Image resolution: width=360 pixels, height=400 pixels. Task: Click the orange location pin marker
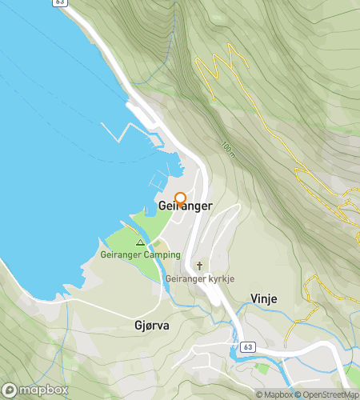click(x=180, y=198)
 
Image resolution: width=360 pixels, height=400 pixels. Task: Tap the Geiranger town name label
click(x=186, y=206)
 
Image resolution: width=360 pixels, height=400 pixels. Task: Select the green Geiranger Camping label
click(x=140, y=255)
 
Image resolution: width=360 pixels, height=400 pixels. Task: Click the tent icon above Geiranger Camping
click(x=140, y=242)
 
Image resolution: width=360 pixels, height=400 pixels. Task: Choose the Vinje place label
click(x=263, y=298)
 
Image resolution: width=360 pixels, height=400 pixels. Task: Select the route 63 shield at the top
click(x=61, y=3)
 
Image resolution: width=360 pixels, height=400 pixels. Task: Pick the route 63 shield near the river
click(x=248, y=346)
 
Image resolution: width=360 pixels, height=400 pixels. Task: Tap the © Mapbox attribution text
click(x=274, y=394)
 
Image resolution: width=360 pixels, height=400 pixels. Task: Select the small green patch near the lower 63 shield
click(x=262, y=368)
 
